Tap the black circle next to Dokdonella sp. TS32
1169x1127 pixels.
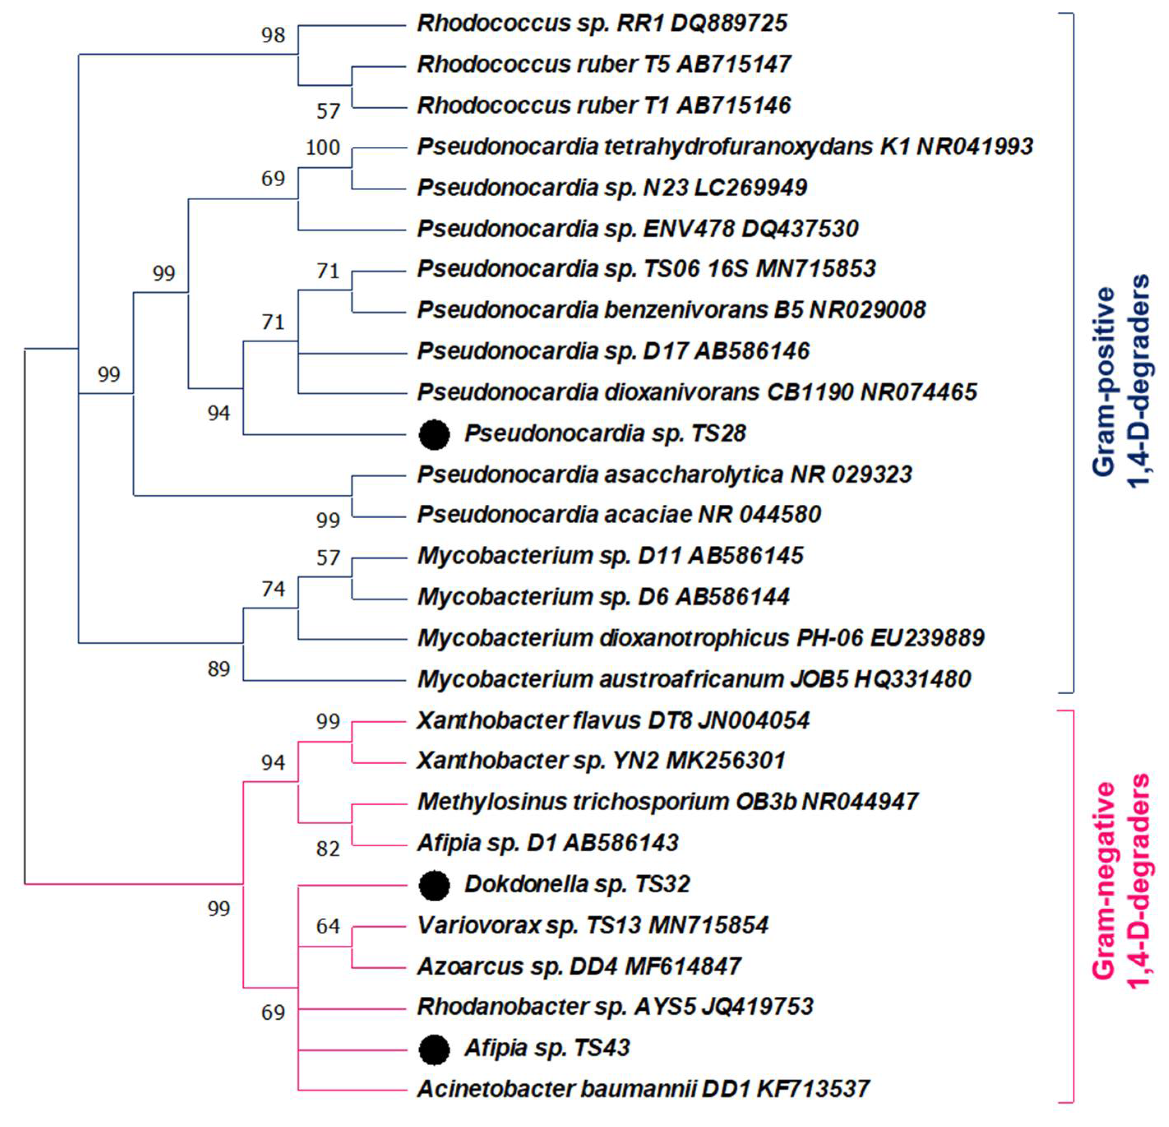[434, 885]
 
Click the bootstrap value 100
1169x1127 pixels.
[323, 147]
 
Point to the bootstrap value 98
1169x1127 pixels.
[273, 35]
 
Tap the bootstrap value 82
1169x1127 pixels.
[328, 848]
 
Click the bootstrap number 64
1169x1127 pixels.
[328, 926]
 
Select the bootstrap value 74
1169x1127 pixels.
[273, 589]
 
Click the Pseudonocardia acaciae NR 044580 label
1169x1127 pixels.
[619, 514]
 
